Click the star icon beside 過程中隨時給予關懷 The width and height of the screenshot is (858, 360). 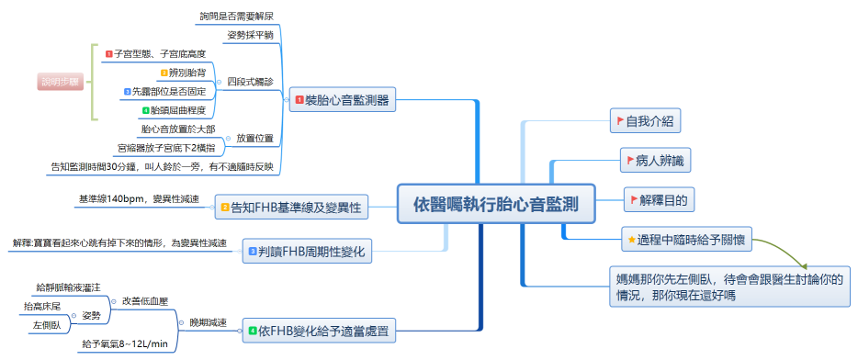[x=631, y=240]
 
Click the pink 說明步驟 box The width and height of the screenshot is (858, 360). [x=61, y=82]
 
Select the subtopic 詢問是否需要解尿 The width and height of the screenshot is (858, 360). [x=236, y=16]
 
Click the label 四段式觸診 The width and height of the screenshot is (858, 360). [x=250, y=82]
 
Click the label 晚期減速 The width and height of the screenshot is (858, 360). [x=207, y=322]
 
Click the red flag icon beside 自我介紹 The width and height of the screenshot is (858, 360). [x=619, y=120]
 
